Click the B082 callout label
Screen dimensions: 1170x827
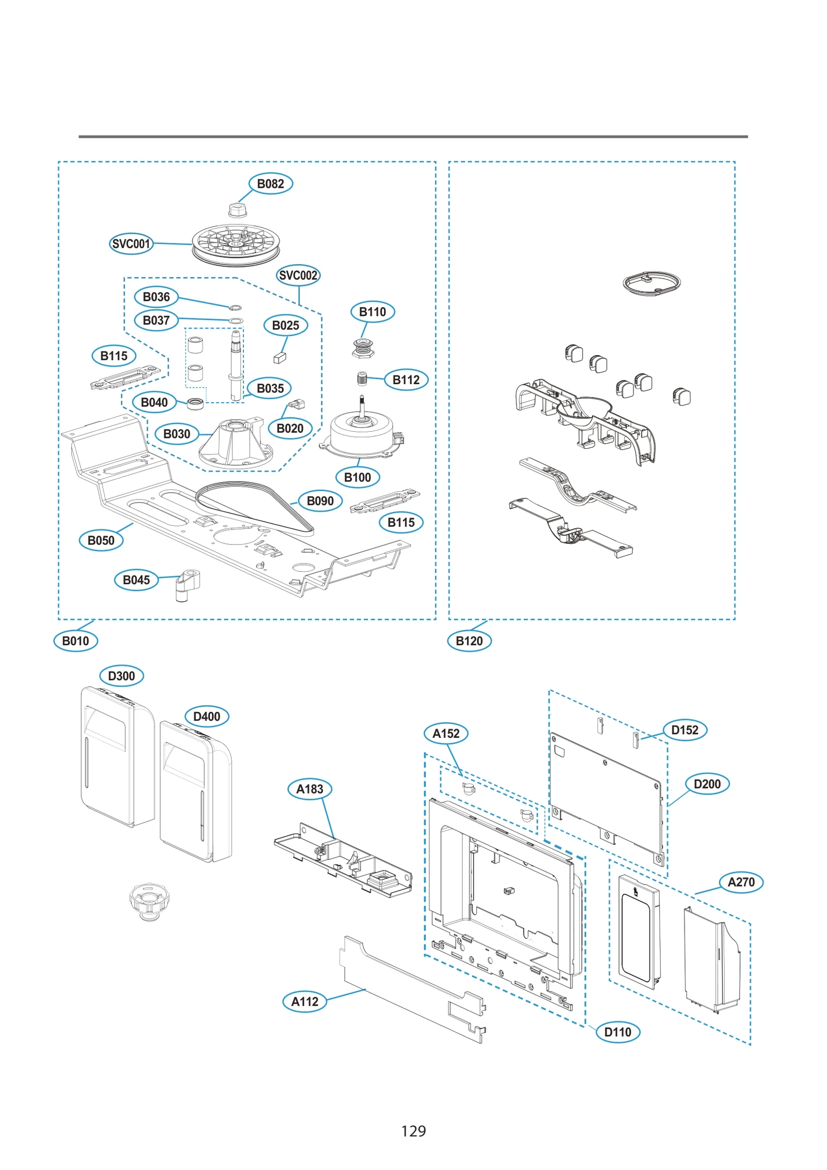[x=270, y=184]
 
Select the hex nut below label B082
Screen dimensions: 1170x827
[x=236, y=210]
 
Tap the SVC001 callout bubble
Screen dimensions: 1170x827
[x=131, y=244]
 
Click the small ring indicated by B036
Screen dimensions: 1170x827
[x=235, y=308]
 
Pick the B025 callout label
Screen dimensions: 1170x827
[x=285, y=325]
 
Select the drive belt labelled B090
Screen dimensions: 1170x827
[x=253, y=507]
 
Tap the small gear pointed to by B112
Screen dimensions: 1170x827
[x=362, y=378]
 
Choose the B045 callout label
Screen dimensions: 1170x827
[x=136, y=580]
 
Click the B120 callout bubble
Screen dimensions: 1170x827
[x=469, y=641]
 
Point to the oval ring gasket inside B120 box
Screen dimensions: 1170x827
[x=651, y=282]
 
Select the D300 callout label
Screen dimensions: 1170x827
[x=121, y=676]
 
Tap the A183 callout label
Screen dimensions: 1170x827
[x=309, y=789]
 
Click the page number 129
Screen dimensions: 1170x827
[x=413, y=1131]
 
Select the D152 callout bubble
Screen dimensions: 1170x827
[x=684, y=730]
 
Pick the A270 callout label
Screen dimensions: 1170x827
[x=741, y=882]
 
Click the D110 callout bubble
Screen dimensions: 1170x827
[x=618, y=1032]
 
